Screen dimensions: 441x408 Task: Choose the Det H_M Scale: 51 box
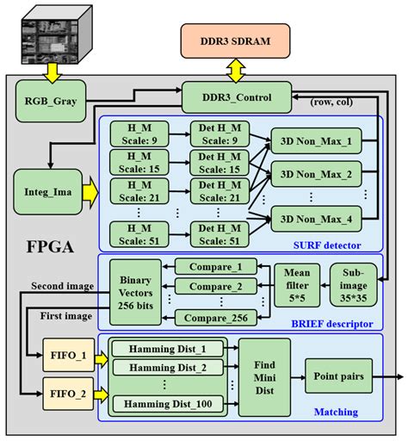tap(219, 234)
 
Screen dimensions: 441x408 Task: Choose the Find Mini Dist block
tap(263, 376)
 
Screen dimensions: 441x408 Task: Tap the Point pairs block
tap(337, 376)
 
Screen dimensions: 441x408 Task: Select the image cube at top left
tap(53, 34)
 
